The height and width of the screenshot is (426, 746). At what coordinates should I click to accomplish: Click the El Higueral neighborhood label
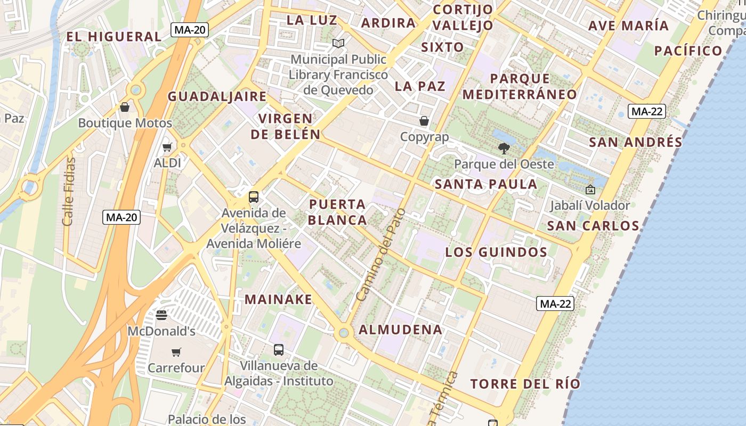113,37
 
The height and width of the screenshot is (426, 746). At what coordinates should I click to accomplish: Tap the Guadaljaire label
217,96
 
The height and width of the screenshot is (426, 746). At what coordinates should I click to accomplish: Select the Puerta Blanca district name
337,212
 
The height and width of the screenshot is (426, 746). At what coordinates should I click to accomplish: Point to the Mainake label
278,299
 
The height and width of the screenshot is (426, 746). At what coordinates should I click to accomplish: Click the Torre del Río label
525,384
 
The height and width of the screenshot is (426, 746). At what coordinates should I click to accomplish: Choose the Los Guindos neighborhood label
496,252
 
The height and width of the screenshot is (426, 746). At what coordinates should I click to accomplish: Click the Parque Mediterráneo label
520,87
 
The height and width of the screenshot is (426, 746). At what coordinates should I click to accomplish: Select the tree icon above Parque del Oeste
504,149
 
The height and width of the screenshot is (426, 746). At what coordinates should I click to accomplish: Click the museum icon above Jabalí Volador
590,189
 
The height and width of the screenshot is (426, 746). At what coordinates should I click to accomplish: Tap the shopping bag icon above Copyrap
424,121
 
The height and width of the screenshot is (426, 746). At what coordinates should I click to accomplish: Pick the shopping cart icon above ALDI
167,147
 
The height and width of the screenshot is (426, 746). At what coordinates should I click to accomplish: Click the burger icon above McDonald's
161,315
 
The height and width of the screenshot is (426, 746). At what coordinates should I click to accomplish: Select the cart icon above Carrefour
176,351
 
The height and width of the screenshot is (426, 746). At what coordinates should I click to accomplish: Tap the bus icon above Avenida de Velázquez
254,196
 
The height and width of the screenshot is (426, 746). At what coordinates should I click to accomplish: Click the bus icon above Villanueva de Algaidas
279,349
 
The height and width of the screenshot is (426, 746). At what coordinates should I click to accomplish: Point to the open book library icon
338,43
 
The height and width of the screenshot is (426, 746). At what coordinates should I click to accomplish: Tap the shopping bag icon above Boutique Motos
125,107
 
